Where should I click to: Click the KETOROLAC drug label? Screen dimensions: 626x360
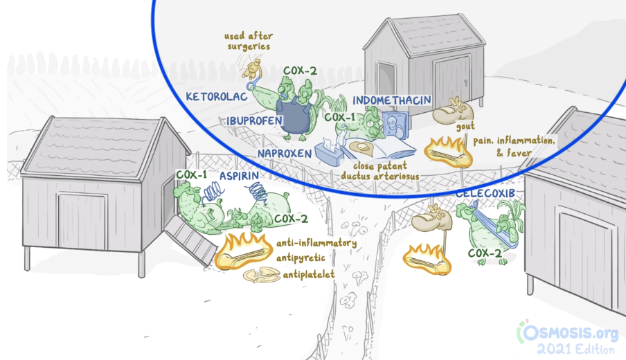[x=216, y=96]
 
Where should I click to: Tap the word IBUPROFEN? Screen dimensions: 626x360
[x=254, y=120]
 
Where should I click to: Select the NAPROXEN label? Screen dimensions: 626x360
[x=284, y=154]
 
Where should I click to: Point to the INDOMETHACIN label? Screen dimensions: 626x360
[x=392, y=100]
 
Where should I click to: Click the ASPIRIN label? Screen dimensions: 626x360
[x=239, y=176]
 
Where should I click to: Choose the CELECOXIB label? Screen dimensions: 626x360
[x=485, y=194]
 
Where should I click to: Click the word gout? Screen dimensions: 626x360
[x=465, y=127]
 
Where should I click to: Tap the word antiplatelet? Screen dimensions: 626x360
[x=309, y=275]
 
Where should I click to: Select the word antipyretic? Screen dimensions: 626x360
[x=301, y=258]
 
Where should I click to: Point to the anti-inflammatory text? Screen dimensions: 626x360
[x=316, y=243]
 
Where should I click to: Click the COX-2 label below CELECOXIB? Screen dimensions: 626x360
[x=485, y=253]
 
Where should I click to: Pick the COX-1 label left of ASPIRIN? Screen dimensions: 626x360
[x=192, y=174]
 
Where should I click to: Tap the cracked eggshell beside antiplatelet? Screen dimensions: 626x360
[x=262, y=275]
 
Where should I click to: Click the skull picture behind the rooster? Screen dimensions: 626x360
[x=395, y=125]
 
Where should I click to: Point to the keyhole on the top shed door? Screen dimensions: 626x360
[x=466, y=82]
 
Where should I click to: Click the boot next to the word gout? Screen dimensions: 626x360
[x=451, y=111]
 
